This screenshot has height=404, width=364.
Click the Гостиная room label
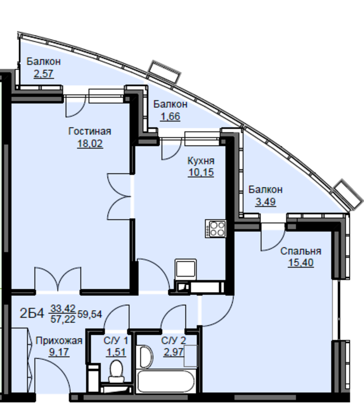click(90, 131)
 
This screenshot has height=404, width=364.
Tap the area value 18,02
click(90, 143)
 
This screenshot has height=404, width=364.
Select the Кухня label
click(201, 161)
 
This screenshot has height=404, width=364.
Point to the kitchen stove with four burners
click(215, 229)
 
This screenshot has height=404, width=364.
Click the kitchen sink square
click(185, 269)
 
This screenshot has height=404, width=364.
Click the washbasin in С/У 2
click(146, 357)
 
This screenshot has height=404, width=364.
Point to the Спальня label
click(301, 251)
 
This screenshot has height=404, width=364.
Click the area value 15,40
click(301, 263)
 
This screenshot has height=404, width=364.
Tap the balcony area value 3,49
click(266, 202)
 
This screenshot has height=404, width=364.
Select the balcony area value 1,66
click(170, 117)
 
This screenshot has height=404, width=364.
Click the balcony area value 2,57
click(44, 74)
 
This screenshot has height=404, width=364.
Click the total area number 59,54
click(90, 314)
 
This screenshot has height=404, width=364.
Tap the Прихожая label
click(59, 341)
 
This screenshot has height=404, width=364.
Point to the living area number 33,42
click(63, 308)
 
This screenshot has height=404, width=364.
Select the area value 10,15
click(201, 172)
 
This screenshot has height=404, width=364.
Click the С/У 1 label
click(116, 341)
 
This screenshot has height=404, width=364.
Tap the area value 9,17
click(59, 352)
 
